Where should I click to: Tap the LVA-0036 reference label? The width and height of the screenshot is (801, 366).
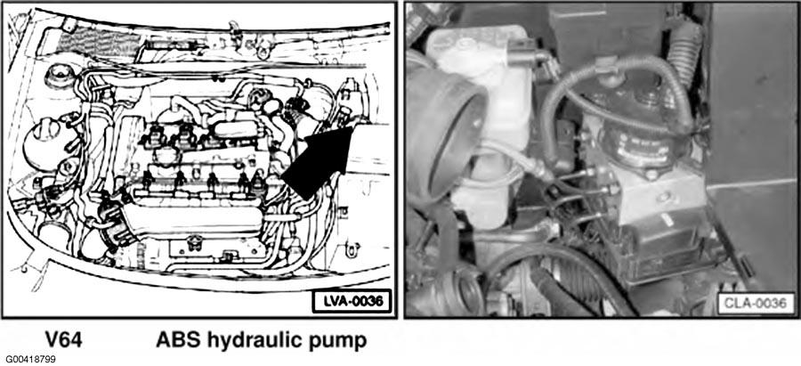[x=351, y=301]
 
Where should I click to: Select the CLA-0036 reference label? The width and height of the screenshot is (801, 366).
[x=756, y=303]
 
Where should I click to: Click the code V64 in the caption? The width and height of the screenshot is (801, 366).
[x=63, y=340]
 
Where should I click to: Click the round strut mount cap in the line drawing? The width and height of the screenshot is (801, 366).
[x=56, y=77]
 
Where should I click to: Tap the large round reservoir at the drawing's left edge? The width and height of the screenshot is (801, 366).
[x=44, y=143]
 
